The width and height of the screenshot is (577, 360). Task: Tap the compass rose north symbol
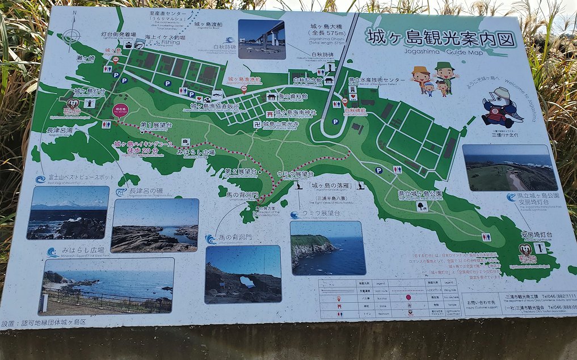click(x=71, y=36)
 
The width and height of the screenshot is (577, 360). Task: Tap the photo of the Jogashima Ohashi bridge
click(x=262, y=39)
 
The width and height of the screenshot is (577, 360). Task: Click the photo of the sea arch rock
click(x=243, y=274)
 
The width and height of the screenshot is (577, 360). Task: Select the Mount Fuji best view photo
click(x=68, y=212)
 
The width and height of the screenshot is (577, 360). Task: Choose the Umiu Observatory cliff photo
click(x=327, y=248)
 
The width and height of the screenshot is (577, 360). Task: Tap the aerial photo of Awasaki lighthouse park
click(x=509, y=167)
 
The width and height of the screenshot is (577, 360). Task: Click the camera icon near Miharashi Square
click(x=185, y=142)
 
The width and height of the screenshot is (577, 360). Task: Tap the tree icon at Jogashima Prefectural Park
click(x=422, y=206)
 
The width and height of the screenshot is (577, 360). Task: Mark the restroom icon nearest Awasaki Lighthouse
click(x=486, y=237)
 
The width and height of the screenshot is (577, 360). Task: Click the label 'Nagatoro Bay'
click(x=59, y=131)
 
